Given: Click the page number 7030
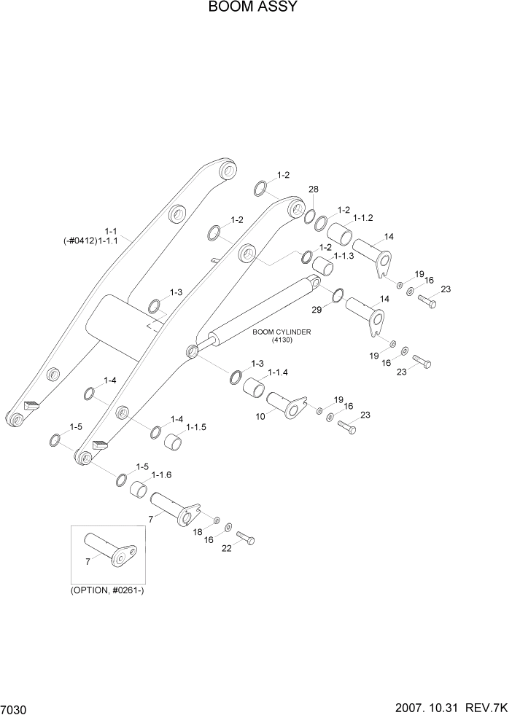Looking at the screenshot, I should [16, 709].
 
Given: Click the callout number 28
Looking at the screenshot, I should [314, 189].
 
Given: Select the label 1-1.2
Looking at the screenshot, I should [363, 218].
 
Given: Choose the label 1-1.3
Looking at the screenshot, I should [344, 256].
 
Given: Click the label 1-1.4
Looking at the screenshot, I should [279, 373].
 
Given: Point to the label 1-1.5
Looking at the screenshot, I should [197, 427].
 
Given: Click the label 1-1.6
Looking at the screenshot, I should [161, 474].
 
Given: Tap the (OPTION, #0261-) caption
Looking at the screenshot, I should [113, 590].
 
